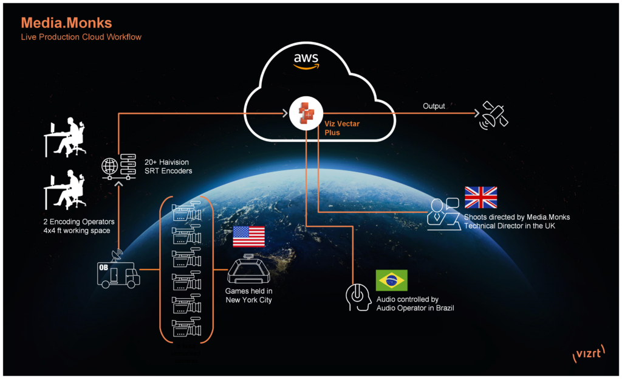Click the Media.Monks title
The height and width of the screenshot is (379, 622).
pyautogui.click(x=66, y=23)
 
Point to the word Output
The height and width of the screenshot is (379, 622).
pyautogui.click(x=434, y=106)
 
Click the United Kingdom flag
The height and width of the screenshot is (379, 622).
pyautogui.click(x=480, y=198)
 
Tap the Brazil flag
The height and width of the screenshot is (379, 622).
pyautogui.click(x=391, y=280)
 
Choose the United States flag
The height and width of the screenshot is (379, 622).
pyautogui.click(x=248, y=236)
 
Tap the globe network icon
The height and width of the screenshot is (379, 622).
pyautogui.click(x=109, y=165)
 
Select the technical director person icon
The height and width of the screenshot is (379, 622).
pyautogui.click(x=443, y=213)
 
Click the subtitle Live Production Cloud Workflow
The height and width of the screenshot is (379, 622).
pyautogui.click(x=81, y=37)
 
